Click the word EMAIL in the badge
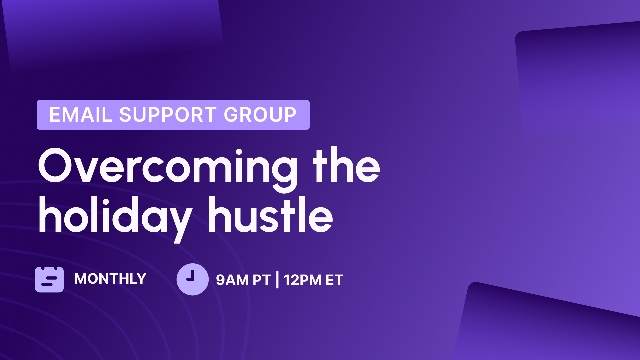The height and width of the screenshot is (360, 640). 80,115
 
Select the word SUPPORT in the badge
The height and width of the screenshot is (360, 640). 168,115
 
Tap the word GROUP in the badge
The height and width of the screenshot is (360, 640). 260,115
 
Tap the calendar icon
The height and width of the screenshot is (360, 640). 49,279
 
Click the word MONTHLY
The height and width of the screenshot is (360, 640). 110,279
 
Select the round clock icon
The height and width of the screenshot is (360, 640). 193,279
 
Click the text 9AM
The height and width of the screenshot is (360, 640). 232,280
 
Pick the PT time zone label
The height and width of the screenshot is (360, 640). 261,280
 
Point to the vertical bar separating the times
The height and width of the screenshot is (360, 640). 277,280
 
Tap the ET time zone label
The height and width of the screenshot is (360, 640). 334,280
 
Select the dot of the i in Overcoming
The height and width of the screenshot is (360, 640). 239,152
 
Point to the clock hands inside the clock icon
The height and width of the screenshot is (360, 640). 191,277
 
